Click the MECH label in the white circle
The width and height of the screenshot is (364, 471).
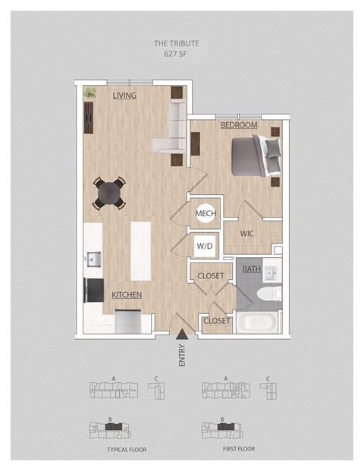coord(206,214)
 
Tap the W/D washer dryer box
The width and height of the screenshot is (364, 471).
coord(205,246)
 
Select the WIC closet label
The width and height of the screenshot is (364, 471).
coord(247,234)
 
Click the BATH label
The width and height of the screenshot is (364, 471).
coord(251,268)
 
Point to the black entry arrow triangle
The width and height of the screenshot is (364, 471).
coord(182,334)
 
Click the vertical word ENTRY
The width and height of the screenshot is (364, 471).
coord(182,356)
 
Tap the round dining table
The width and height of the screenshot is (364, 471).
coord(109,193)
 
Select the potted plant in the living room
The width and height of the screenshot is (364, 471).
coord(90,93)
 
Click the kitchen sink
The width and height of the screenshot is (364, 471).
coord(93,259)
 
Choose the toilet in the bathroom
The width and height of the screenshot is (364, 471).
coord(269,294)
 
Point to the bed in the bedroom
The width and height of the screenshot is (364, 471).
coord(256,155)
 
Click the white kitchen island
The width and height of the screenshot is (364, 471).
coord(140,251)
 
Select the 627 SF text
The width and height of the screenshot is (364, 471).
coord(176,55)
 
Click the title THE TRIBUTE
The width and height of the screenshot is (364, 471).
coord(177,43)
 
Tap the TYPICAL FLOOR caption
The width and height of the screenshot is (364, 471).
coord(127,450)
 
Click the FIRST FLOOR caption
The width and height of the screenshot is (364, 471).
coord(239,449)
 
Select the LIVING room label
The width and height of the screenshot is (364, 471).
coord(124,96)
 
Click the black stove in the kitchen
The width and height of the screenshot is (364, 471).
coord(94,290)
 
